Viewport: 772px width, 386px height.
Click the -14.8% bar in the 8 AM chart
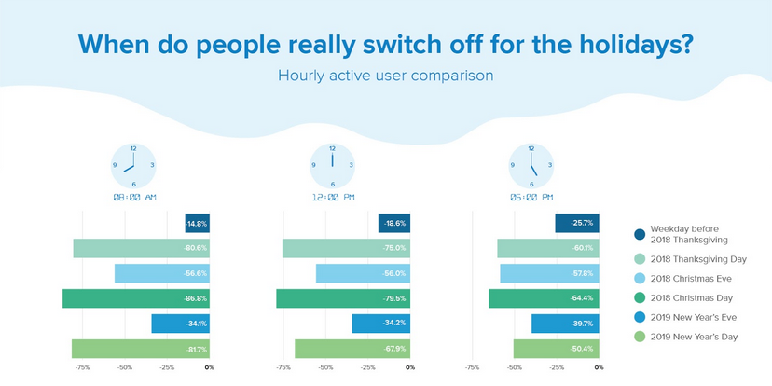(197, 224)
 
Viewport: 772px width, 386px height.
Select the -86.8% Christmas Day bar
(136, 298)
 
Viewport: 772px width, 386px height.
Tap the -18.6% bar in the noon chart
(394, 224)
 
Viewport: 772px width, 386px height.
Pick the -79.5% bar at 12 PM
(343, 298)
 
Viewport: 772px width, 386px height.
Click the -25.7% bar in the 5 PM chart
(577, 224)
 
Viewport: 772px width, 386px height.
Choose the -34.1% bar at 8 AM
(180, 324)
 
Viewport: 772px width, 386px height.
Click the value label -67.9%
(394, 349)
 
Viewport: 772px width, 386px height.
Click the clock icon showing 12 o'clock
(332, 165)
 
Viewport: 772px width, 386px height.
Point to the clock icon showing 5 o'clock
(530, 165)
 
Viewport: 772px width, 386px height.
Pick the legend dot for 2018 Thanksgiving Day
(640, 260)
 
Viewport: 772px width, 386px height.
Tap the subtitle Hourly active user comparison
(385, 75)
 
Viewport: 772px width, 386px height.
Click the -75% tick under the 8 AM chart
(82, 368)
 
